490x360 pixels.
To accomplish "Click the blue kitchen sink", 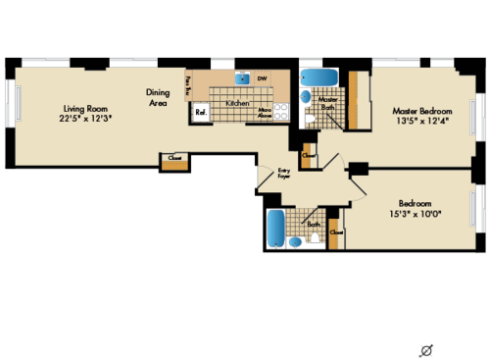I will (x=241, y=78).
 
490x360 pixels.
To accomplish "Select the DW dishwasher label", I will (x=262, y=78).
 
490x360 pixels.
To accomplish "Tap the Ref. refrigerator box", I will (x=201, y=113).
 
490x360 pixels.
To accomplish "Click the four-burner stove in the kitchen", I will (x=280, y=113).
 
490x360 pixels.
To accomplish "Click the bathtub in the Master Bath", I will (x=318, y=77).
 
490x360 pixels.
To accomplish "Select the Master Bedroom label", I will (x=416, y=110).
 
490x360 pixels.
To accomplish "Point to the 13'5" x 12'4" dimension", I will (x=416, y=121).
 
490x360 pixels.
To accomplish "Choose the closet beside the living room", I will (x=173, y=160).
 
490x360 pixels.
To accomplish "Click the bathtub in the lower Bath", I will (x=276, y=228).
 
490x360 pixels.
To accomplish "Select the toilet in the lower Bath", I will (x=316, y=239).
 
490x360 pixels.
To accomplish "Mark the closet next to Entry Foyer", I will (x=309, y=157).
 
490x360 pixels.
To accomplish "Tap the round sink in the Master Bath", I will (x=305, y=97).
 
